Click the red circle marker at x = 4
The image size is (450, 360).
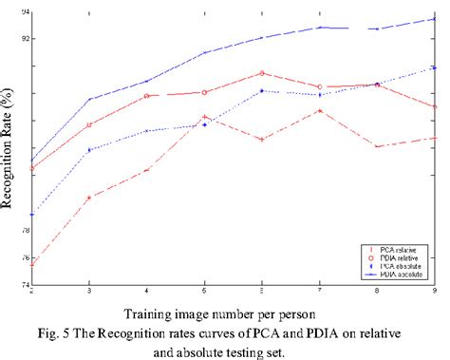point(147,96)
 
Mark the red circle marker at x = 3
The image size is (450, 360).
point(89,124)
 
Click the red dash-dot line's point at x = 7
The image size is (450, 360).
point(320,110)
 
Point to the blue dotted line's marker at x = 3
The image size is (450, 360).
point(89,150)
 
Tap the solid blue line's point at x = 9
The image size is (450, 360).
point(435,18)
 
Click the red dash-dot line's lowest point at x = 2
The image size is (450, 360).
point(32,264)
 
